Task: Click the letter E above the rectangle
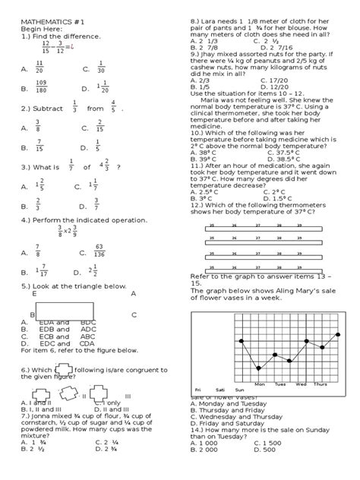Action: (34, 292)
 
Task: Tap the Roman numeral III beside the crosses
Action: (128, 396)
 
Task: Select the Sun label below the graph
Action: (240, 390)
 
